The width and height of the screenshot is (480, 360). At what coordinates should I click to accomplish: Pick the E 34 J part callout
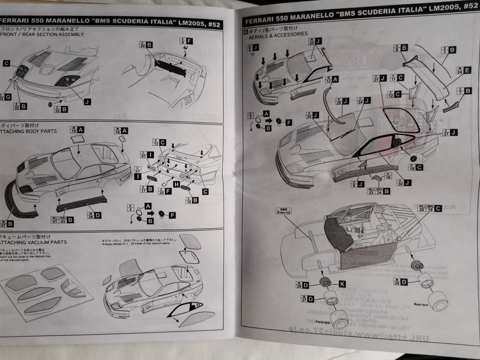pos(364,101)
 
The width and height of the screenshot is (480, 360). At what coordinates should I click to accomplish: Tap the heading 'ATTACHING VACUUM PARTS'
pos(33,242)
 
